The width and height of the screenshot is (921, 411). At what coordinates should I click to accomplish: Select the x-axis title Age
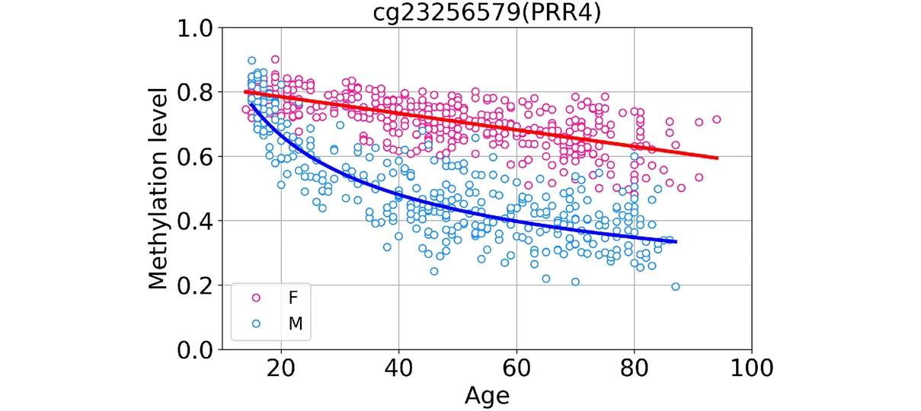tap(486, 396)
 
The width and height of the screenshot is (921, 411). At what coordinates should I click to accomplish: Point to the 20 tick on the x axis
tap(281, 369)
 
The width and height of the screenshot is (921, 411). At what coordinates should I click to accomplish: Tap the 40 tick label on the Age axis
tap(398, 369)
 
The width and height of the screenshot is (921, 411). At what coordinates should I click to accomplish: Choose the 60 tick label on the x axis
tap(516, 369)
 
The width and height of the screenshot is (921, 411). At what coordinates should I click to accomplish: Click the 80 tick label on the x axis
tap(635, 369)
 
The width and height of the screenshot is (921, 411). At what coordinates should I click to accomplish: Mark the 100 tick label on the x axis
tap(752, 369)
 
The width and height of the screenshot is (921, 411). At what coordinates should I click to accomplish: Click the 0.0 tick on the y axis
tap(195, 350)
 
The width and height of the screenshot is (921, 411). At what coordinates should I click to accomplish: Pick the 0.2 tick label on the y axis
tap(195, 285)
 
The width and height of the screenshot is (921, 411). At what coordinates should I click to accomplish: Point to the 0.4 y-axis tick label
tap(195, 221)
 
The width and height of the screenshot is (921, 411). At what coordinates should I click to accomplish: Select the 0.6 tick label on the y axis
tap(195, 157)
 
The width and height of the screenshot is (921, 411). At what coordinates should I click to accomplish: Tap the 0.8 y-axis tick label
tap(195, 93)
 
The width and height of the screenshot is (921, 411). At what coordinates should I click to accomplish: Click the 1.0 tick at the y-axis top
tap(195, 29)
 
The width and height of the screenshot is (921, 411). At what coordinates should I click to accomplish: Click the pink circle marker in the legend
tap(256, 298)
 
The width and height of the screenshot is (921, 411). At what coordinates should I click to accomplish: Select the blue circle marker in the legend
tap(256, 323)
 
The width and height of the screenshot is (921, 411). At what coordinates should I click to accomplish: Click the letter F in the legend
tap(293, 298)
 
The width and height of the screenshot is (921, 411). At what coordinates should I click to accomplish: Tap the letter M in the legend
tap(295, 323)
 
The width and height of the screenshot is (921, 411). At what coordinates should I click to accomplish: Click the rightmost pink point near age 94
tap(716, 119)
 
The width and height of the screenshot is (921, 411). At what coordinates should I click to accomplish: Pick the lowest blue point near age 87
tap(676, 287)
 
